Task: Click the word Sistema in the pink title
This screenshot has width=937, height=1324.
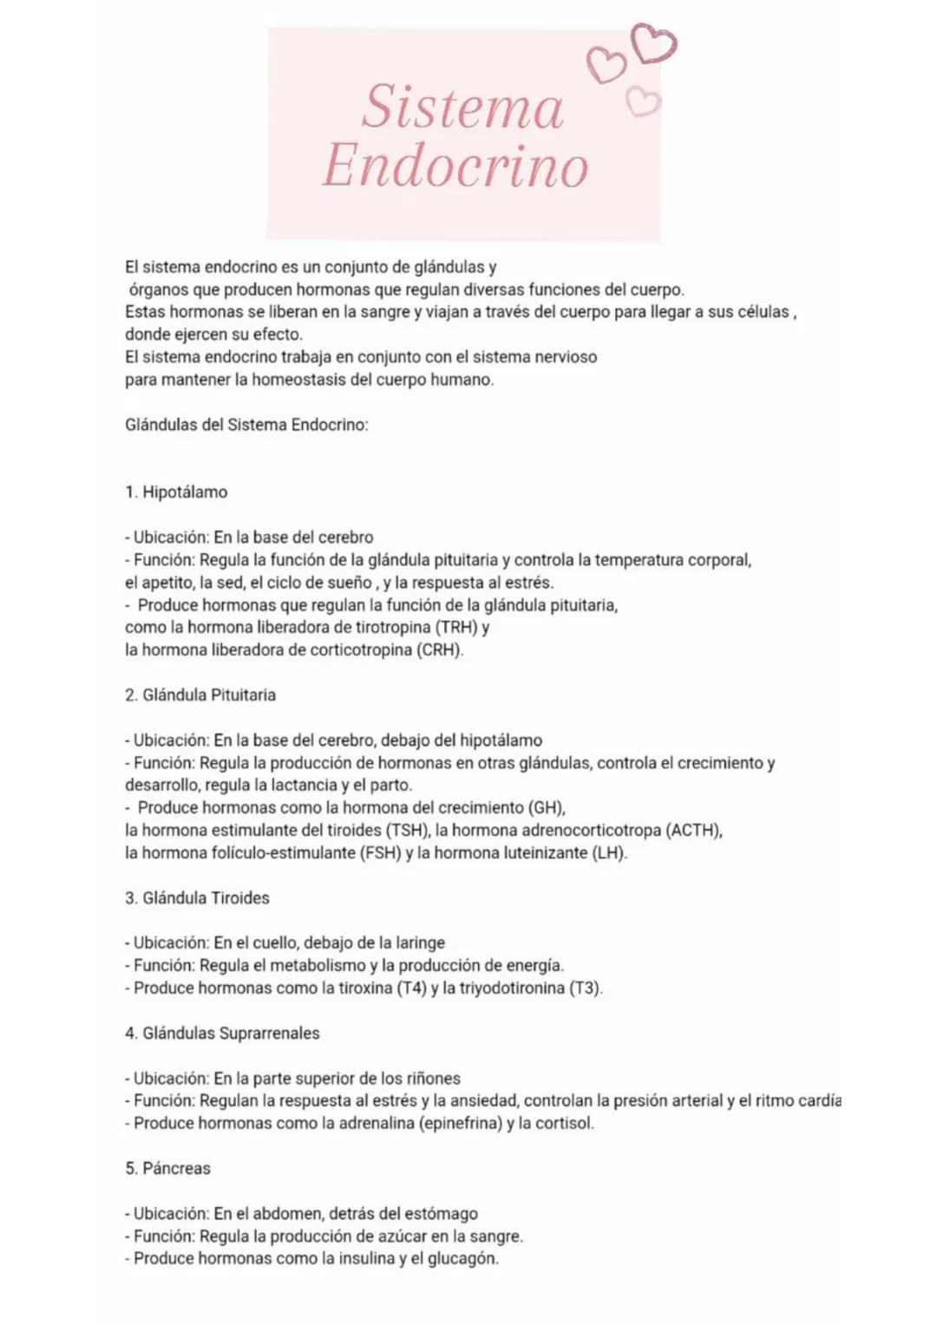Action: pos(463,108)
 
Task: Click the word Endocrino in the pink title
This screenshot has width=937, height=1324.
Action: pos(455,166)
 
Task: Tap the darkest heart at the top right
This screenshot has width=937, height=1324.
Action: pos(654,43)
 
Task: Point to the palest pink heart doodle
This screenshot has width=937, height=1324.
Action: pos(644,102)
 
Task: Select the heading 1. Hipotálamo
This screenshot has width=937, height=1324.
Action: pos(176,492)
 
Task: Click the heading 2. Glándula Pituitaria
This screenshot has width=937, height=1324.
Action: pos(200,695)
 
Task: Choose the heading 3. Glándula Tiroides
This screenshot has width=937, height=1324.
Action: pos(197,898)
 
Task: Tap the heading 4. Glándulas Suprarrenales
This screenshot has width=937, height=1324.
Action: pos(222,1034)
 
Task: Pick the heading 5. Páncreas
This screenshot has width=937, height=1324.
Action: pos(167,1169)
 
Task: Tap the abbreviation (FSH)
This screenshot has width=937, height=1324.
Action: pos(380,853)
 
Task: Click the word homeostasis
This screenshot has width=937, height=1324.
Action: pos(299,380)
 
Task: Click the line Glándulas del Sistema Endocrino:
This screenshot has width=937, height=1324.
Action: pos(246,425)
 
